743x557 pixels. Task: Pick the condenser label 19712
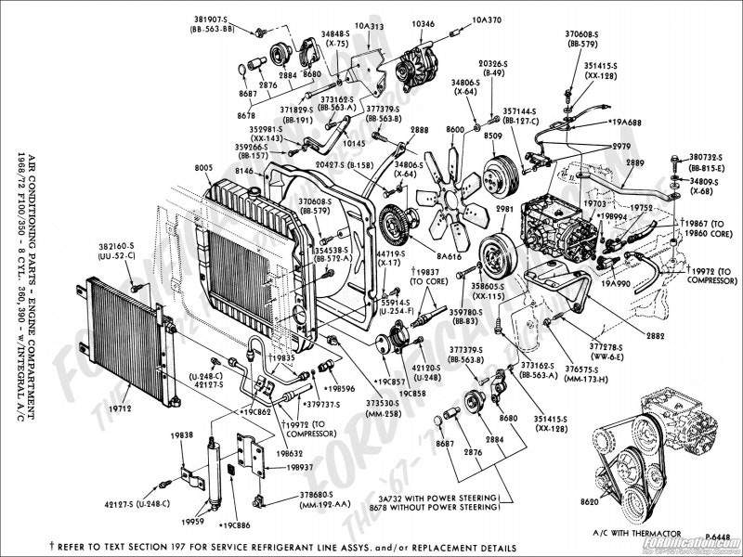click(x=91, y=406)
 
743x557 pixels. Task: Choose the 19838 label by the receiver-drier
click(x=181, y=434)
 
